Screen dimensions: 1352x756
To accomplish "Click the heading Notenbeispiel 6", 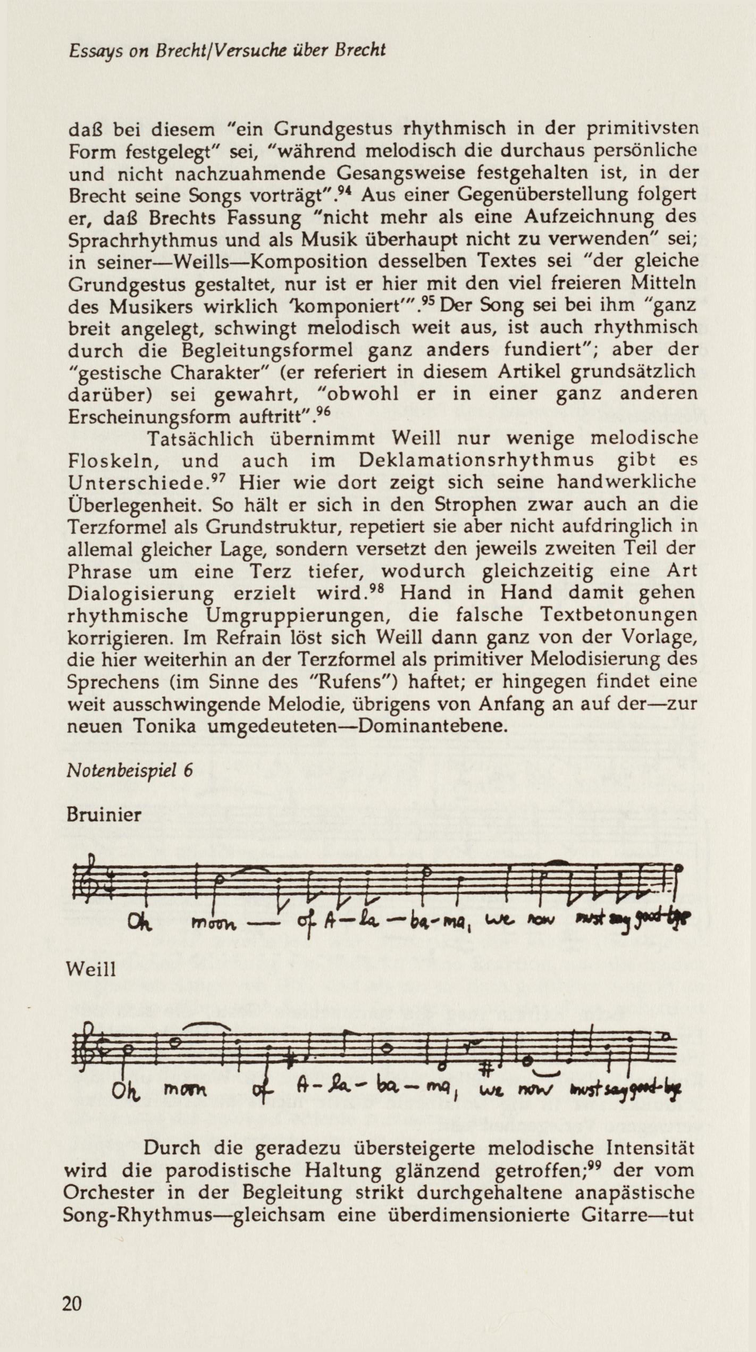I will pyautogui.click(x=130, y=770).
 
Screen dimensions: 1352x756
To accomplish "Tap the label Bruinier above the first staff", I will pyautogui.click(x=104, y=814).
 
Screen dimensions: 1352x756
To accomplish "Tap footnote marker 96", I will pyautogui.click(x=323, y=412).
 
